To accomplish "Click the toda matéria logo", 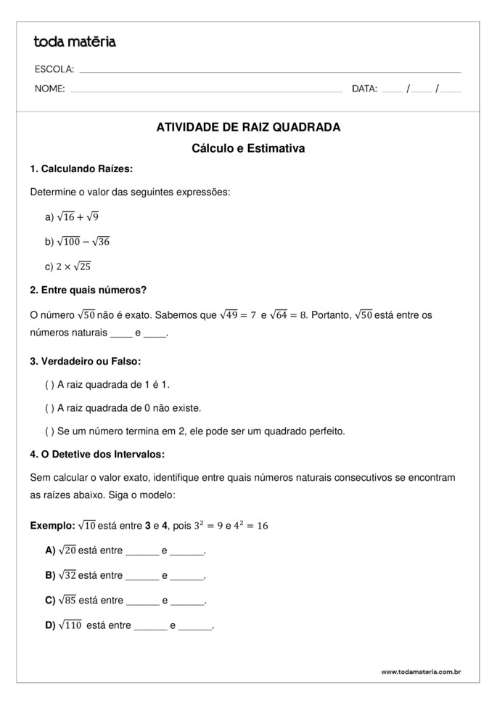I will pos(75,42).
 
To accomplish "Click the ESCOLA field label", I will pos(54,70).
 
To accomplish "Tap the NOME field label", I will pos(49,89).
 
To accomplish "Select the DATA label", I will pos(364,89).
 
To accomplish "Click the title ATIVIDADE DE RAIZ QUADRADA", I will pos(248,127).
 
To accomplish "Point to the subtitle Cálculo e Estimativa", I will pos(248,149).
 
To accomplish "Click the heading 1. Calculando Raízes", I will pos(81,169).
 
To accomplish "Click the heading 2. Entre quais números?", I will pos(89,290).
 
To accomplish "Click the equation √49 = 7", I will pos(237,315).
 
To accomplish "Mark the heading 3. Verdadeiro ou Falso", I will pos(86,361).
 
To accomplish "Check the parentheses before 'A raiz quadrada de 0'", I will pos(49,408).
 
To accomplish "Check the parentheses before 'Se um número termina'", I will pos(49,431).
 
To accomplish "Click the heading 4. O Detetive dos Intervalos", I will pos(97,455).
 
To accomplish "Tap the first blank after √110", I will pos(151,625).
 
